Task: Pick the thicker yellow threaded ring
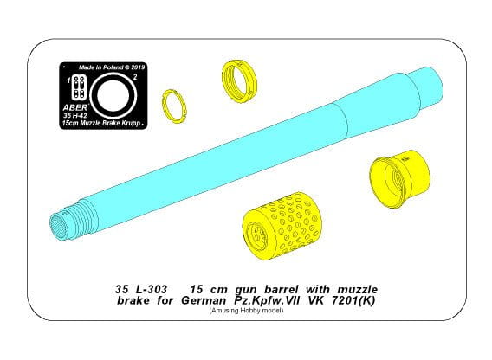coord(239,80)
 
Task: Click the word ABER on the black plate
coord(75,107)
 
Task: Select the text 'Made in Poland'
coord(98,67)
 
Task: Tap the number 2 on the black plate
coord(135,78)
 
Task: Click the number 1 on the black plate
coord(68,80)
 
